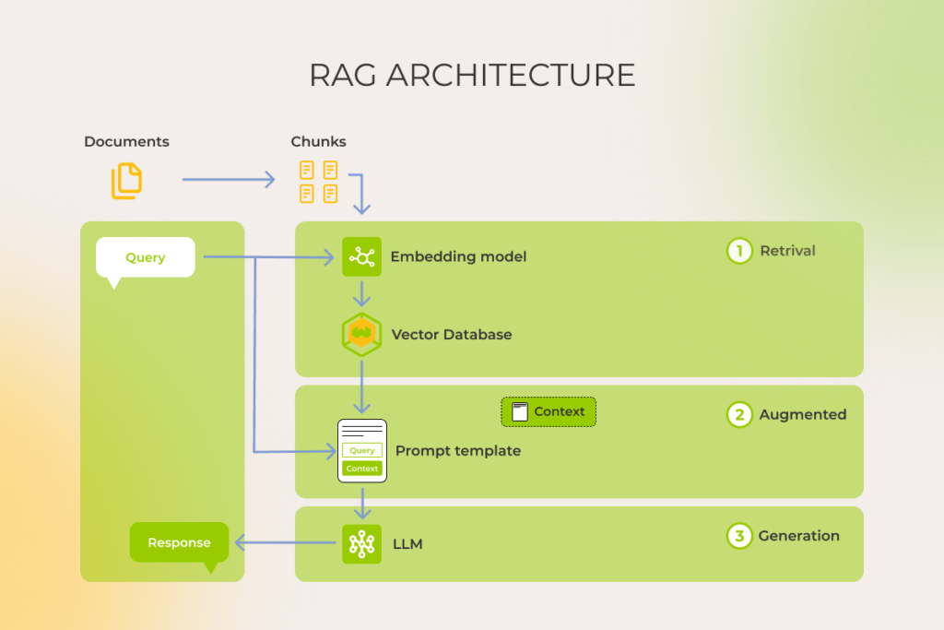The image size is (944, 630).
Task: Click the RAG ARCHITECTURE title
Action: coord(472,75)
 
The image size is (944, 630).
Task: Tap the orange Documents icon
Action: coord(127,181)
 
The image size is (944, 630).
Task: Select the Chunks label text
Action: coord(318,141)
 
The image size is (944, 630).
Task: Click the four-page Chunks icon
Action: coord(318,181)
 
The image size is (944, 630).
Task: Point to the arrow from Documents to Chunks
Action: coord(229,180)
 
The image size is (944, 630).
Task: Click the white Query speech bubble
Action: coord(146,257)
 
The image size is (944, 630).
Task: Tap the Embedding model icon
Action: coord(361,256)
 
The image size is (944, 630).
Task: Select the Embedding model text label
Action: coord(458,256)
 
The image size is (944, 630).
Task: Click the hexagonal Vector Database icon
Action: coord(361,334)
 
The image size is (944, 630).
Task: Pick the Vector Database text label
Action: coord(451,334)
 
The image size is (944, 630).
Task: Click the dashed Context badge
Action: coord(549,411)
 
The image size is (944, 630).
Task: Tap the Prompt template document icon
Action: coord(361,451)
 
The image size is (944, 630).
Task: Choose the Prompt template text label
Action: coord(457,451)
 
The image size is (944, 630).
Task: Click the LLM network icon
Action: coord(361,544)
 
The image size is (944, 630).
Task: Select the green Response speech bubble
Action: coord(179,542)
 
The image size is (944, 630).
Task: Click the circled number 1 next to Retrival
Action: coord(739,251)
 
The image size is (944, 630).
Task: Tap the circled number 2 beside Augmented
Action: coord(739,414)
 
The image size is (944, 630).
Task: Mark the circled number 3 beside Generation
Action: coord(739,536)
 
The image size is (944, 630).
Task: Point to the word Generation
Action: coord(798,536)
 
